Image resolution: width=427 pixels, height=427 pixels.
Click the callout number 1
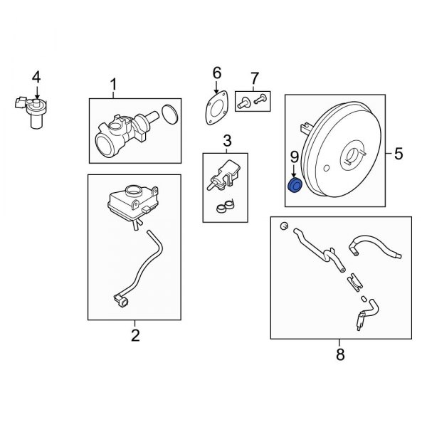[x=112, y=87]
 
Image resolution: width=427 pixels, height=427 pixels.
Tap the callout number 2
[x=135, y=334]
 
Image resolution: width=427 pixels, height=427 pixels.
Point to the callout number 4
[x=36, y=75]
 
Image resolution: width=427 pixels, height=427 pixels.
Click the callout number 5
[x=399, y=152]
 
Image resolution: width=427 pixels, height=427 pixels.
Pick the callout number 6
[x=217, y=73]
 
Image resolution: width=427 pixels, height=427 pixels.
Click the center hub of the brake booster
[x=352, y=155]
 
